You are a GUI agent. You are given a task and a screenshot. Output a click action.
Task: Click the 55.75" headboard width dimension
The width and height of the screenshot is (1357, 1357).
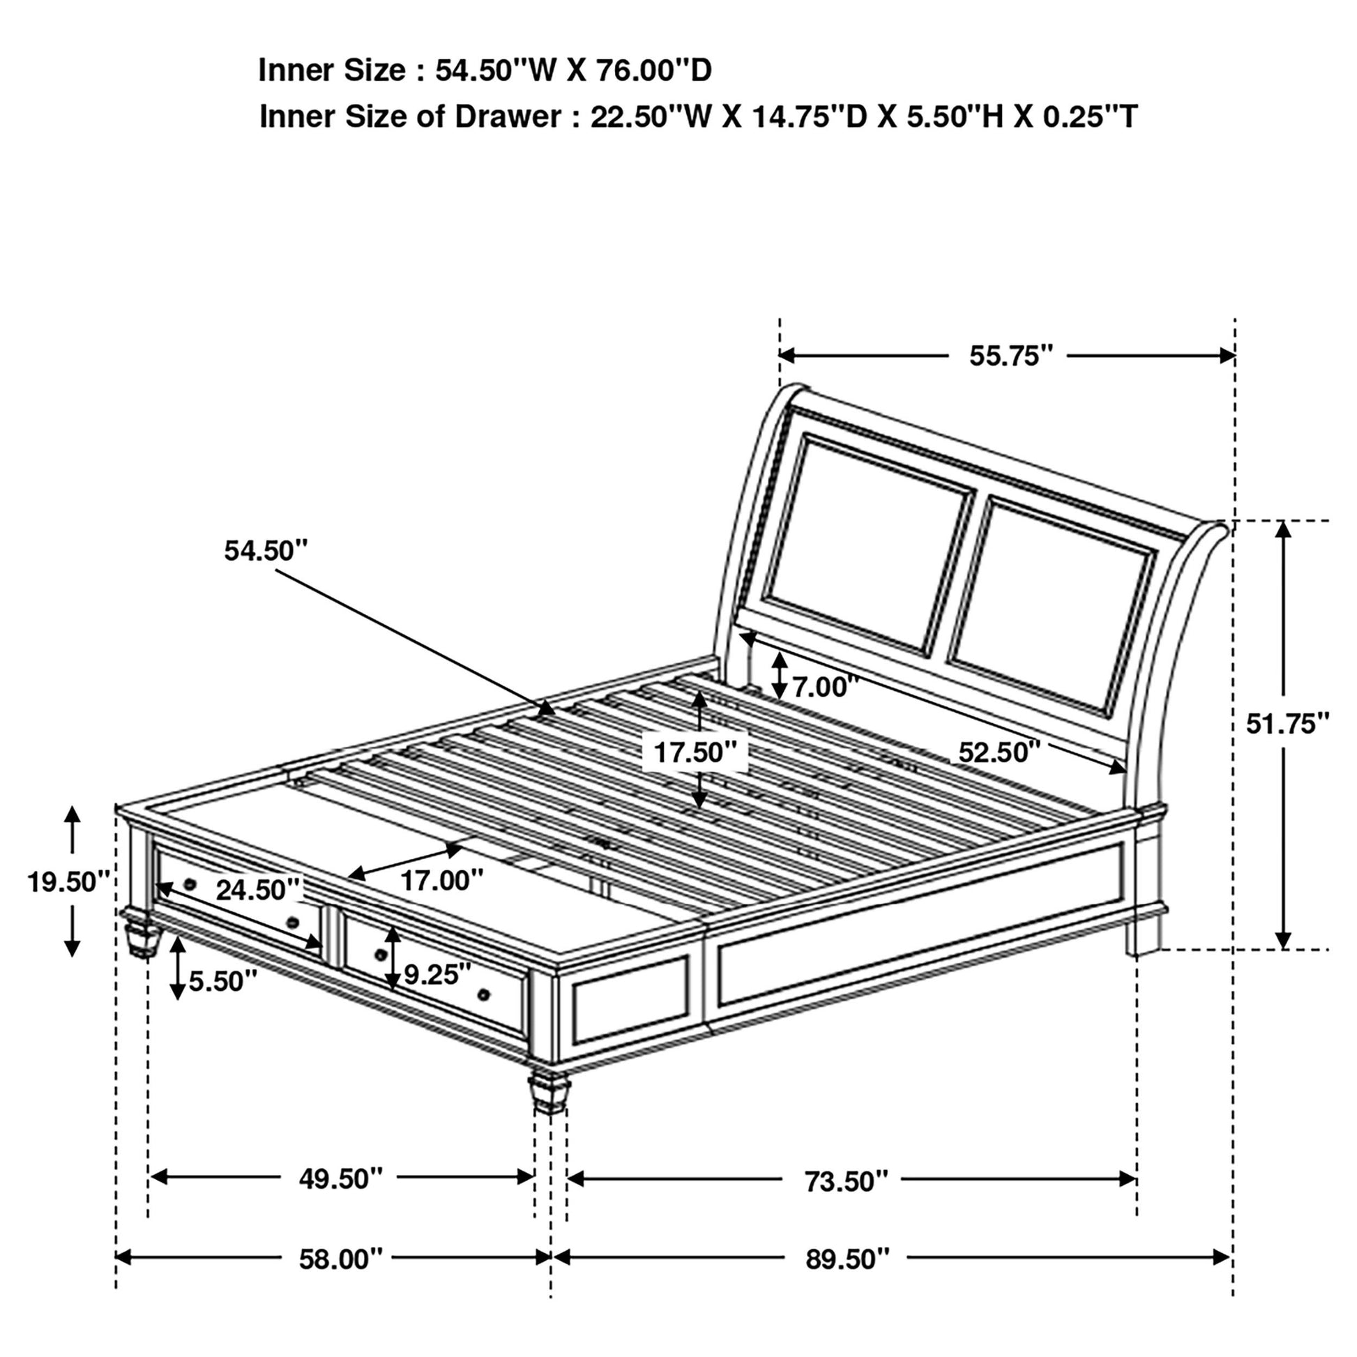click(1011, 356)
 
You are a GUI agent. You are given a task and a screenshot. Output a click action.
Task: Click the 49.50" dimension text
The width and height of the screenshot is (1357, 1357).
click(341, 1179)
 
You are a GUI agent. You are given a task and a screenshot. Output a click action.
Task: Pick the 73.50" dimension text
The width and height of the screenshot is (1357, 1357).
click(847, 1182)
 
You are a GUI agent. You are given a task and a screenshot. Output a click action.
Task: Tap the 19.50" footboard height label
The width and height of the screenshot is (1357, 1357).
click(69, 881)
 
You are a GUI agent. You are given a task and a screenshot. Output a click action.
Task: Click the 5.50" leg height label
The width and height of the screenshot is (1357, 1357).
click(222, 981)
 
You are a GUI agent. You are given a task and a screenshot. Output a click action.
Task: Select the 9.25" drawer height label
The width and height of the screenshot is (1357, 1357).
click(437, 974)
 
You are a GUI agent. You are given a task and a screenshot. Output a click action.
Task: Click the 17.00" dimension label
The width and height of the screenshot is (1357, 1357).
click(442, 879)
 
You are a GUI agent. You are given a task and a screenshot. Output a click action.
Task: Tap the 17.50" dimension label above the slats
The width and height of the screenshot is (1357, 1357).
click(695, 752)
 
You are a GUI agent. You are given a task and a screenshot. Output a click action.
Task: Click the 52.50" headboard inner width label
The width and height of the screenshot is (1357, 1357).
click(999, 752)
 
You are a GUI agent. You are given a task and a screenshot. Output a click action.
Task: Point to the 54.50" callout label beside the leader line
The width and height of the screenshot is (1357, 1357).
click(266, 551)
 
